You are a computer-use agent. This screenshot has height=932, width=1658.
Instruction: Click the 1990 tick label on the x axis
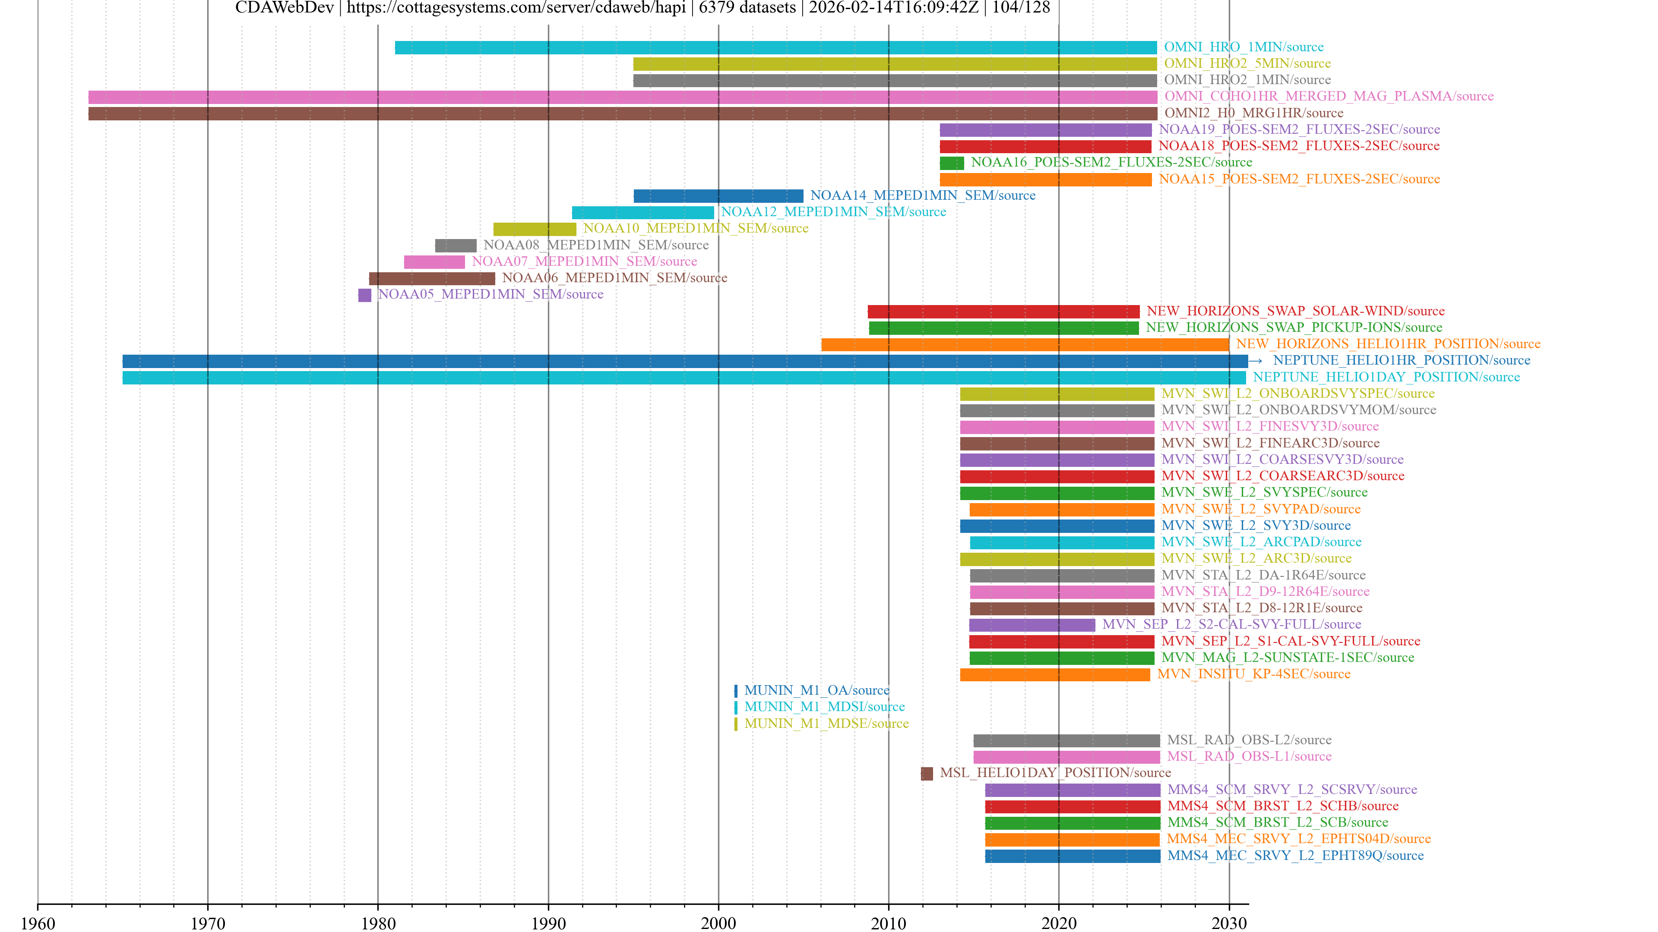(548, 923)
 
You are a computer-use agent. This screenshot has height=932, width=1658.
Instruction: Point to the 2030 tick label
(1229, 923)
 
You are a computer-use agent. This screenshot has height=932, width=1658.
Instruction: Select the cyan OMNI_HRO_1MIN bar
(775, 47)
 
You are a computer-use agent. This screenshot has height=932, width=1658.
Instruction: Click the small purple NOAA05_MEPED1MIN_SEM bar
(364, 295)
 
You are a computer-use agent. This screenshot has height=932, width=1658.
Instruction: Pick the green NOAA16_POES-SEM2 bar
(951, 163)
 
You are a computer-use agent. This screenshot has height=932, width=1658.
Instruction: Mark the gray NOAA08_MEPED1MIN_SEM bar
(455, 246)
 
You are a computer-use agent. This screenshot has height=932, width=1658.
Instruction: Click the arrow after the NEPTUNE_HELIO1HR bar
(1255, 361)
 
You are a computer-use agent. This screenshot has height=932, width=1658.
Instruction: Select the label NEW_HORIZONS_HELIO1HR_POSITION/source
(1388, 344)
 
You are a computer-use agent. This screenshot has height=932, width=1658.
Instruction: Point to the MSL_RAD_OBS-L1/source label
(1249, 756)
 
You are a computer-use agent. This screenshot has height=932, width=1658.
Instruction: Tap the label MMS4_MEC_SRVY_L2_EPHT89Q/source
(1295, 856)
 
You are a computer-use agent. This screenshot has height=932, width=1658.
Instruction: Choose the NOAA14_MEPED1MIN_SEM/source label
(922, 195)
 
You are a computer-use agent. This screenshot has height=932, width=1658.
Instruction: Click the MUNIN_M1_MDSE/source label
(826, 724)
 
